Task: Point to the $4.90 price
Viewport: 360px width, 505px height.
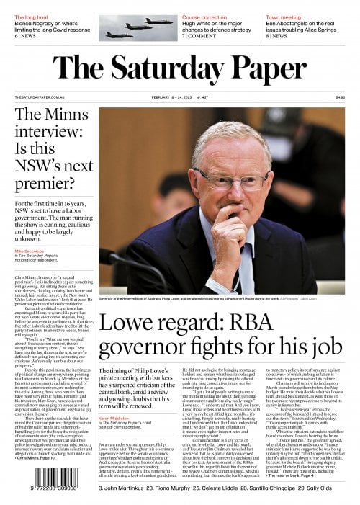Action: click(340, 98)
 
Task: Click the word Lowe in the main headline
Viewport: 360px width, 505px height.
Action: click(127, 344)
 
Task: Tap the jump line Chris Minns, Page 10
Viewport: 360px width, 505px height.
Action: click(39, 457)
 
